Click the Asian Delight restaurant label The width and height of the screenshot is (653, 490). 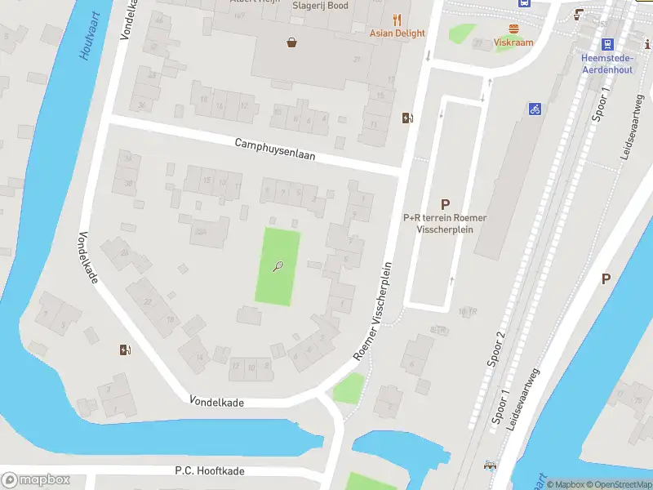click(x=398, y=33)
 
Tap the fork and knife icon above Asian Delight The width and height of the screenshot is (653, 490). click(x=398, y=20)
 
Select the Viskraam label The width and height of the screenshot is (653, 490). click(x=513, y=42)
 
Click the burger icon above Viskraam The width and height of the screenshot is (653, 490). click(x=514, y=29)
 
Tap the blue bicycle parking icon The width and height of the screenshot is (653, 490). click(x=535, y=109)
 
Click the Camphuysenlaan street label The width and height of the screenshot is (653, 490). click(x=274, y=149)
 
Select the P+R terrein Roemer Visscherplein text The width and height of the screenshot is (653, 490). click(x=445, y=224)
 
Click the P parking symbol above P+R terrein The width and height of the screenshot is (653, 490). click(x=445, y=205)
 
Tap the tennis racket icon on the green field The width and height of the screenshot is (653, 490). click(x=278, y=266)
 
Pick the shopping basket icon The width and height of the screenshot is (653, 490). click(x=291, y=42)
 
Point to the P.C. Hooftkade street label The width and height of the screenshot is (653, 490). click(x=210, y=470)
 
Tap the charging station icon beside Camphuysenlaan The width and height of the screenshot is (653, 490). click(x=407, y=118)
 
